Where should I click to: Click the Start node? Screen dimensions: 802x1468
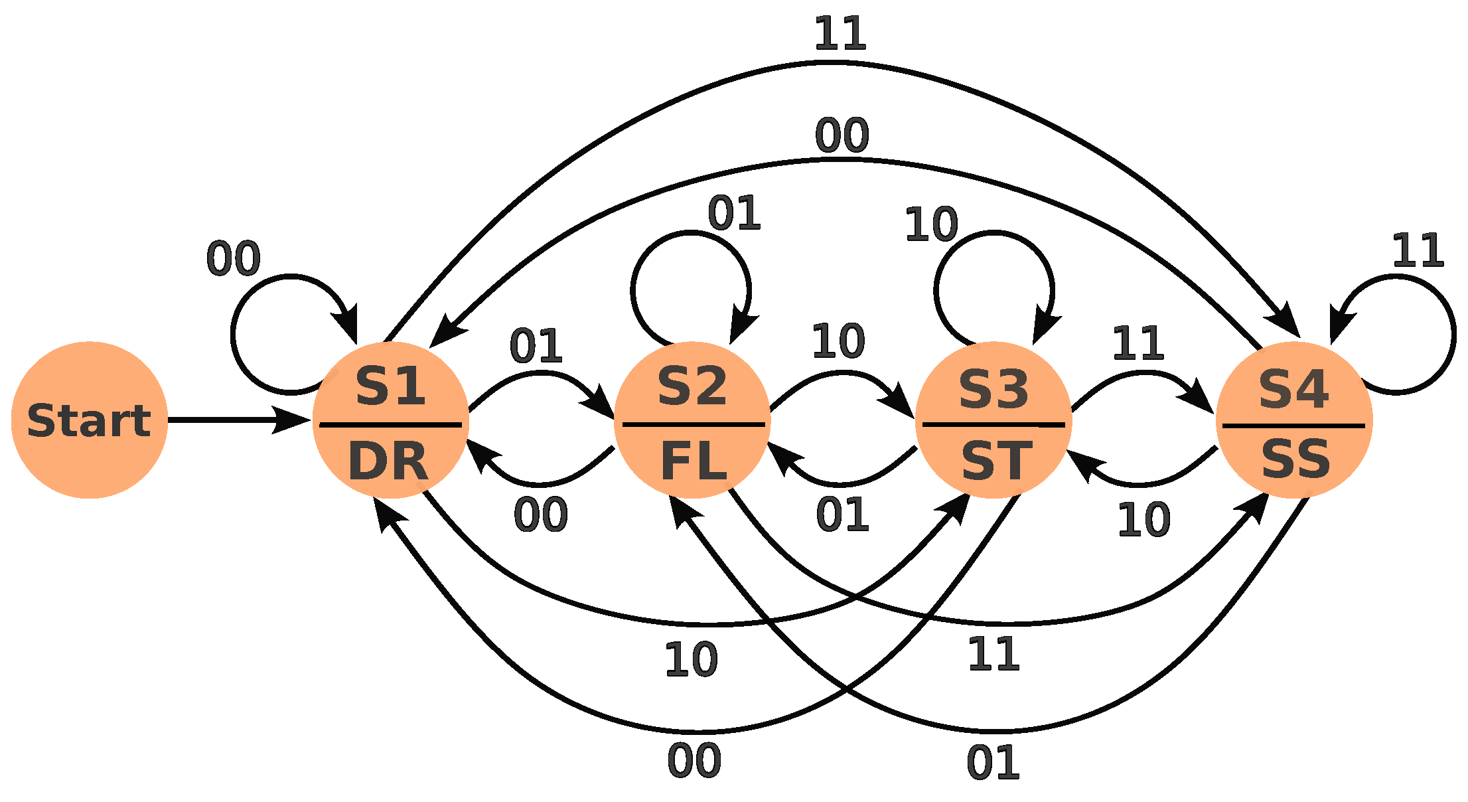tap(89, 420)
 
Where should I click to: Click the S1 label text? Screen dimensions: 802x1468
tap(390, 386)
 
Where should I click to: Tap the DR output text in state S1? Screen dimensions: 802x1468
tap(388, 462)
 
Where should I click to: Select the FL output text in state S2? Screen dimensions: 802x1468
tap(694, 462)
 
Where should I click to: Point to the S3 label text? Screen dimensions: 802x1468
tap(993, 390)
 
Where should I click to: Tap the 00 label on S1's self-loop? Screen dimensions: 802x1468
tap(233, 259)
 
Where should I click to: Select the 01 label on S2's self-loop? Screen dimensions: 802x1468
tap(734, 214)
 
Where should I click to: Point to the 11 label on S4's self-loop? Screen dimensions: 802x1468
tap(1418, 251)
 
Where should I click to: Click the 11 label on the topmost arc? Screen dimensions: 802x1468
tap(840, 34)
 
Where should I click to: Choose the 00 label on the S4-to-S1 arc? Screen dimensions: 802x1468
tap(842, 135)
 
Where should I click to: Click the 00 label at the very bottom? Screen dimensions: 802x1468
tap(694, 761)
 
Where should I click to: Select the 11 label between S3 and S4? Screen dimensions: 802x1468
tap(1138, 343)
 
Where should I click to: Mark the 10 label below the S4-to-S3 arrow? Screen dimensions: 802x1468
tap(1143, 520)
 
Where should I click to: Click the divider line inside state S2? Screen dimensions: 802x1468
tap(694, 424)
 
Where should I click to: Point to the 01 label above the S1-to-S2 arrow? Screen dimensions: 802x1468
tap(536, 346)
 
